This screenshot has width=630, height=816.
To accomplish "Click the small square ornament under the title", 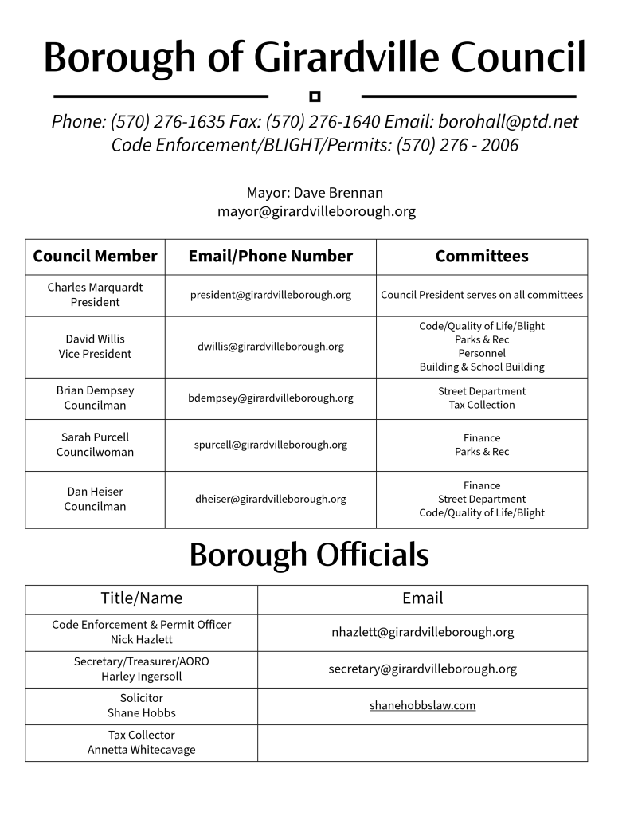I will click(315, 96).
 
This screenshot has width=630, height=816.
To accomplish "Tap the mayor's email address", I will click(316, 212).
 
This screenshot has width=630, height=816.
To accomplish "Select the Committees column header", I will click(482, 257).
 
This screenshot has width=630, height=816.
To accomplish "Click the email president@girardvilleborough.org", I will click(271, 295).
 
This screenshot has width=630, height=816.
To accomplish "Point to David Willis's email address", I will click(271, 347).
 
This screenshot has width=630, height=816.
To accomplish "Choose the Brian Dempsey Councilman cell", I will click(95, 398).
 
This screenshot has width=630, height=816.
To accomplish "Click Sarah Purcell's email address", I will click(271, 445).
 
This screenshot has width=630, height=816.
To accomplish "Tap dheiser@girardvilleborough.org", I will click(271, 500).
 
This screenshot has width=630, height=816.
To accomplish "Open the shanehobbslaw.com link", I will click(422, 705).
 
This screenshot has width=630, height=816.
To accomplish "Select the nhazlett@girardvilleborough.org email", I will click(422, 632).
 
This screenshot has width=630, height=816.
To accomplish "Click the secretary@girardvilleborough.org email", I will click(422, 669).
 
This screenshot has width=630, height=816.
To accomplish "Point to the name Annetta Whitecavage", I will click(141, 750).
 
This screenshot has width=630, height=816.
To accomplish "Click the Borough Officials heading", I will click(309, 555).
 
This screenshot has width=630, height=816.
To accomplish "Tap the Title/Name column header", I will click(141, 598).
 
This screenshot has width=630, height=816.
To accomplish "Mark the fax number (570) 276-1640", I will click(323, 122).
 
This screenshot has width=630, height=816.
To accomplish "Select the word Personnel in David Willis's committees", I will click(482, 353).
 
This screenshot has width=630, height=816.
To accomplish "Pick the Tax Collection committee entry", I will click(482, 405).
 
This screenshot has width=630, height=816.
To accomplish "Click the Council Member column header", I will click(95, 257).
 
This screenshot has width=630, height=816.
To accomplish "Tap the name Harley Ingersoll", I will click(141, 677).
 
